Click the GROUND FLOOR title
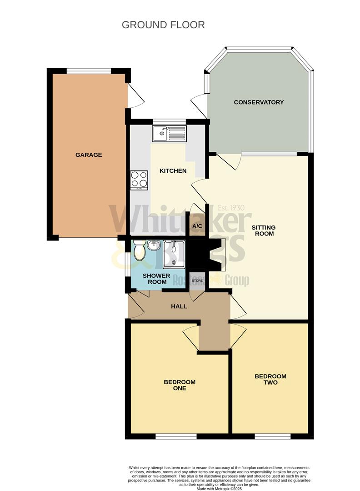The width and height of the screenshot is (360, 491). tap(163, 25)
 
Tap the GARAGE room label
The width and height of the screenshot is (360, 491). tap(89, 155)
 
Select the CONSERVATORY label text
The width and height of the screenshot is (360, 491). tap(259, 102)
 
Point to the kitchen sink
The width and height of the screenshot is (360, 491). tap(169, 133)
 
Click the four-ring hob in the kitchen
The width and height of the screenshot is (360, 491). tap(139, 180)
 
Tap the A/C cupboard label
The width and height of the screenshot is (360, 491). tap(197, 226)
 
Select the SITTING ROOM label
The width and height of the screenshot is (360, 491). tap(264, 230)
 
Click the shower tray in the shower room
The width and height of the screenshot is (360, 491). tap(175, 254)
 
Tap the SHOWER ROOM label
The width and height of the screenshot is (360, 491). tap(156, 279)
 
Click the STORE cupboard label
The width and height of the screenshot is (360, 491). tap(197, 281)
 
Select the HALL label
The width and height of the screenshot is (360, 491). tap(179, 306)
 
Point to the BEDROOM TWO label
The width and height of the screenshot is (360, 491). tap(270, 379)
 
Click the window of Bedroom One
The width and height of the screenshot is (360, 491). tap(176, 436)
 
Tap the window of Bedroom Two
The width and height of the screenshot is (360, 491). tap(272, 436)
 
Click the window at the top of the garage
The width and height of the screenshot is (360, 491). tap(89, 71)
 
